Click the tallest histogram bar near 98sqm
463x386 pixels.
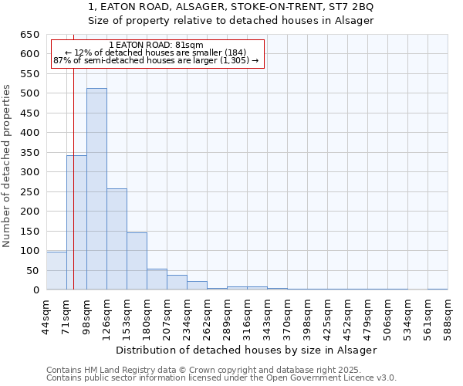[x=96, y=189]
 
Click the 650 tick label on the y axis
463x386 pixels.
[x=29, y=35]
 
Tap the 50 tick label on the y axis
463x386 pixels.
[x=32, y=270]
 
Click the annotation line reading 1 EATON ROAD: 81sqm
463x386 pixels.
[x=157, y=46]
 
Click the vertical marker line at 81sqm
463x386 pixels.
[x=73, y=154]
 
